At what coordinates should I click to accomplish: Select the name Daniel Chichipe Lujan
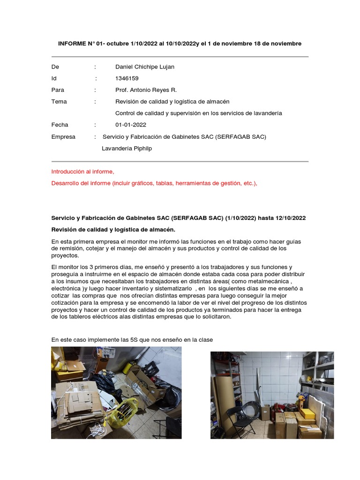144,67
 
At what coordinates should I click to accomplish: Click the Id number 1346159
127,78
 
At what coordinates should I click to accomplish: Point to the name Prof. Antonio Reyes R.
146,90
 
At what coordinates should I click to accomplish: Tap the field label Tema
59,102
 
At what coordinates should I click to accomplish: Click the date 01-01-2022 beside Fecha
131,125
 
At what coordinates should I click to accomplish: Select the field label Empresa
63,137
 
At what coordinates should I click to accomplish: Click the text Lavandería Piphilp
127,149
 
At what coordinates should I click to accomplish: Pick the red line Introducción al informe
82,172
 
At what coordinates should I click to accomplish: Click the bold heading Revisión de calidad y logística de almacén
113,229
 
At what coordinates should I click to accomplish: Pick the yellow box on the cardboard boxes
308,414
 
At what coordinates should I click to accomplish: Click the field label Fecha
60,125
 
